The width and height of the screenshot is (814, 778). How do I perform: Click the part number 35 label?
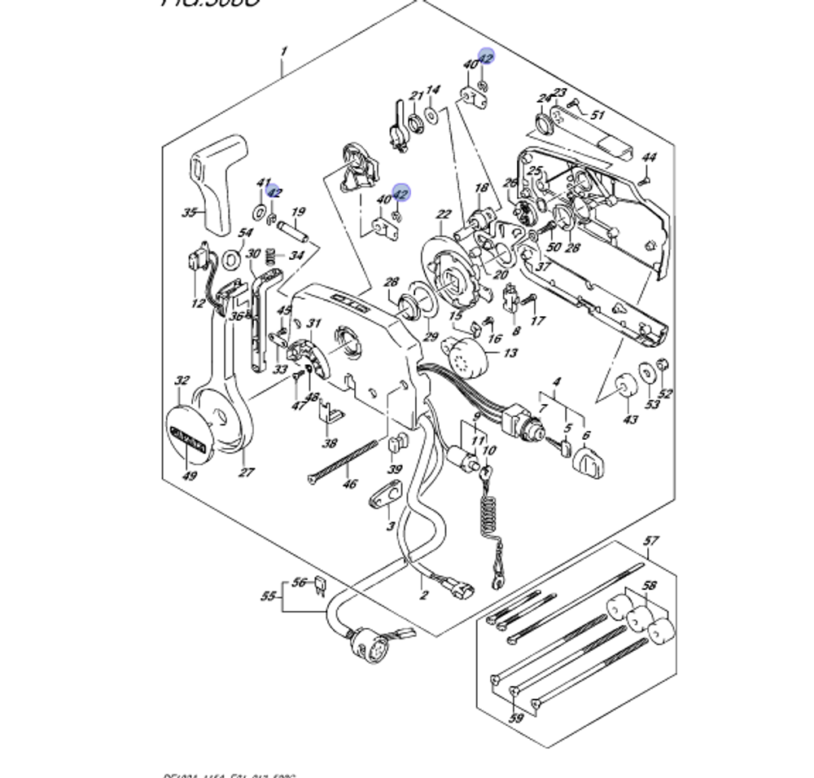click(189, 213)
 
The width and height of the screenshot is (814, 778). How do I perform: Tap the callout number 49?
click(189, 476)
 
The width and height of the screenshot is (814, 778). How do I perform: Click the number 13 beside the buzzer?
click(510, 353)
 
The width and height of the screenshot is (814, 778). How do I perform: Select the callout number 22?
click(444, 215)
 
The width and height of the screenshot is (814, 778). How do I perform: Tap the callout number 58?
click(649, 586)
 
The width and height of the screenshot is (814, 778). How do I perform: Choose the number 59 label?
click(516, 719)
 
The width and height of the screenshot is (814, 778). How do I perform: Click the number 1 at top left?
click(283, 52)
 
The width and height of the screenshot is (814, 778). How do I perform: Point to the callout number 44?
click(648, 157)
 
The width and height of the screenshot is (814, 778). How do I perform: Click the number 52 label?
click(665, 394)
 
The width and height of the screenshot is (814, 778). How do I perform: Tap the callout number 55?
click(269, 596)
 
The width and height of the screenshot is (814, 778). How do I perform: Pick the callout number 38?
click(329, 444)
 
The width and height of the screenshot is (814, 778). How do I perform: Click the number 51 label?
click(597, 115)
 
